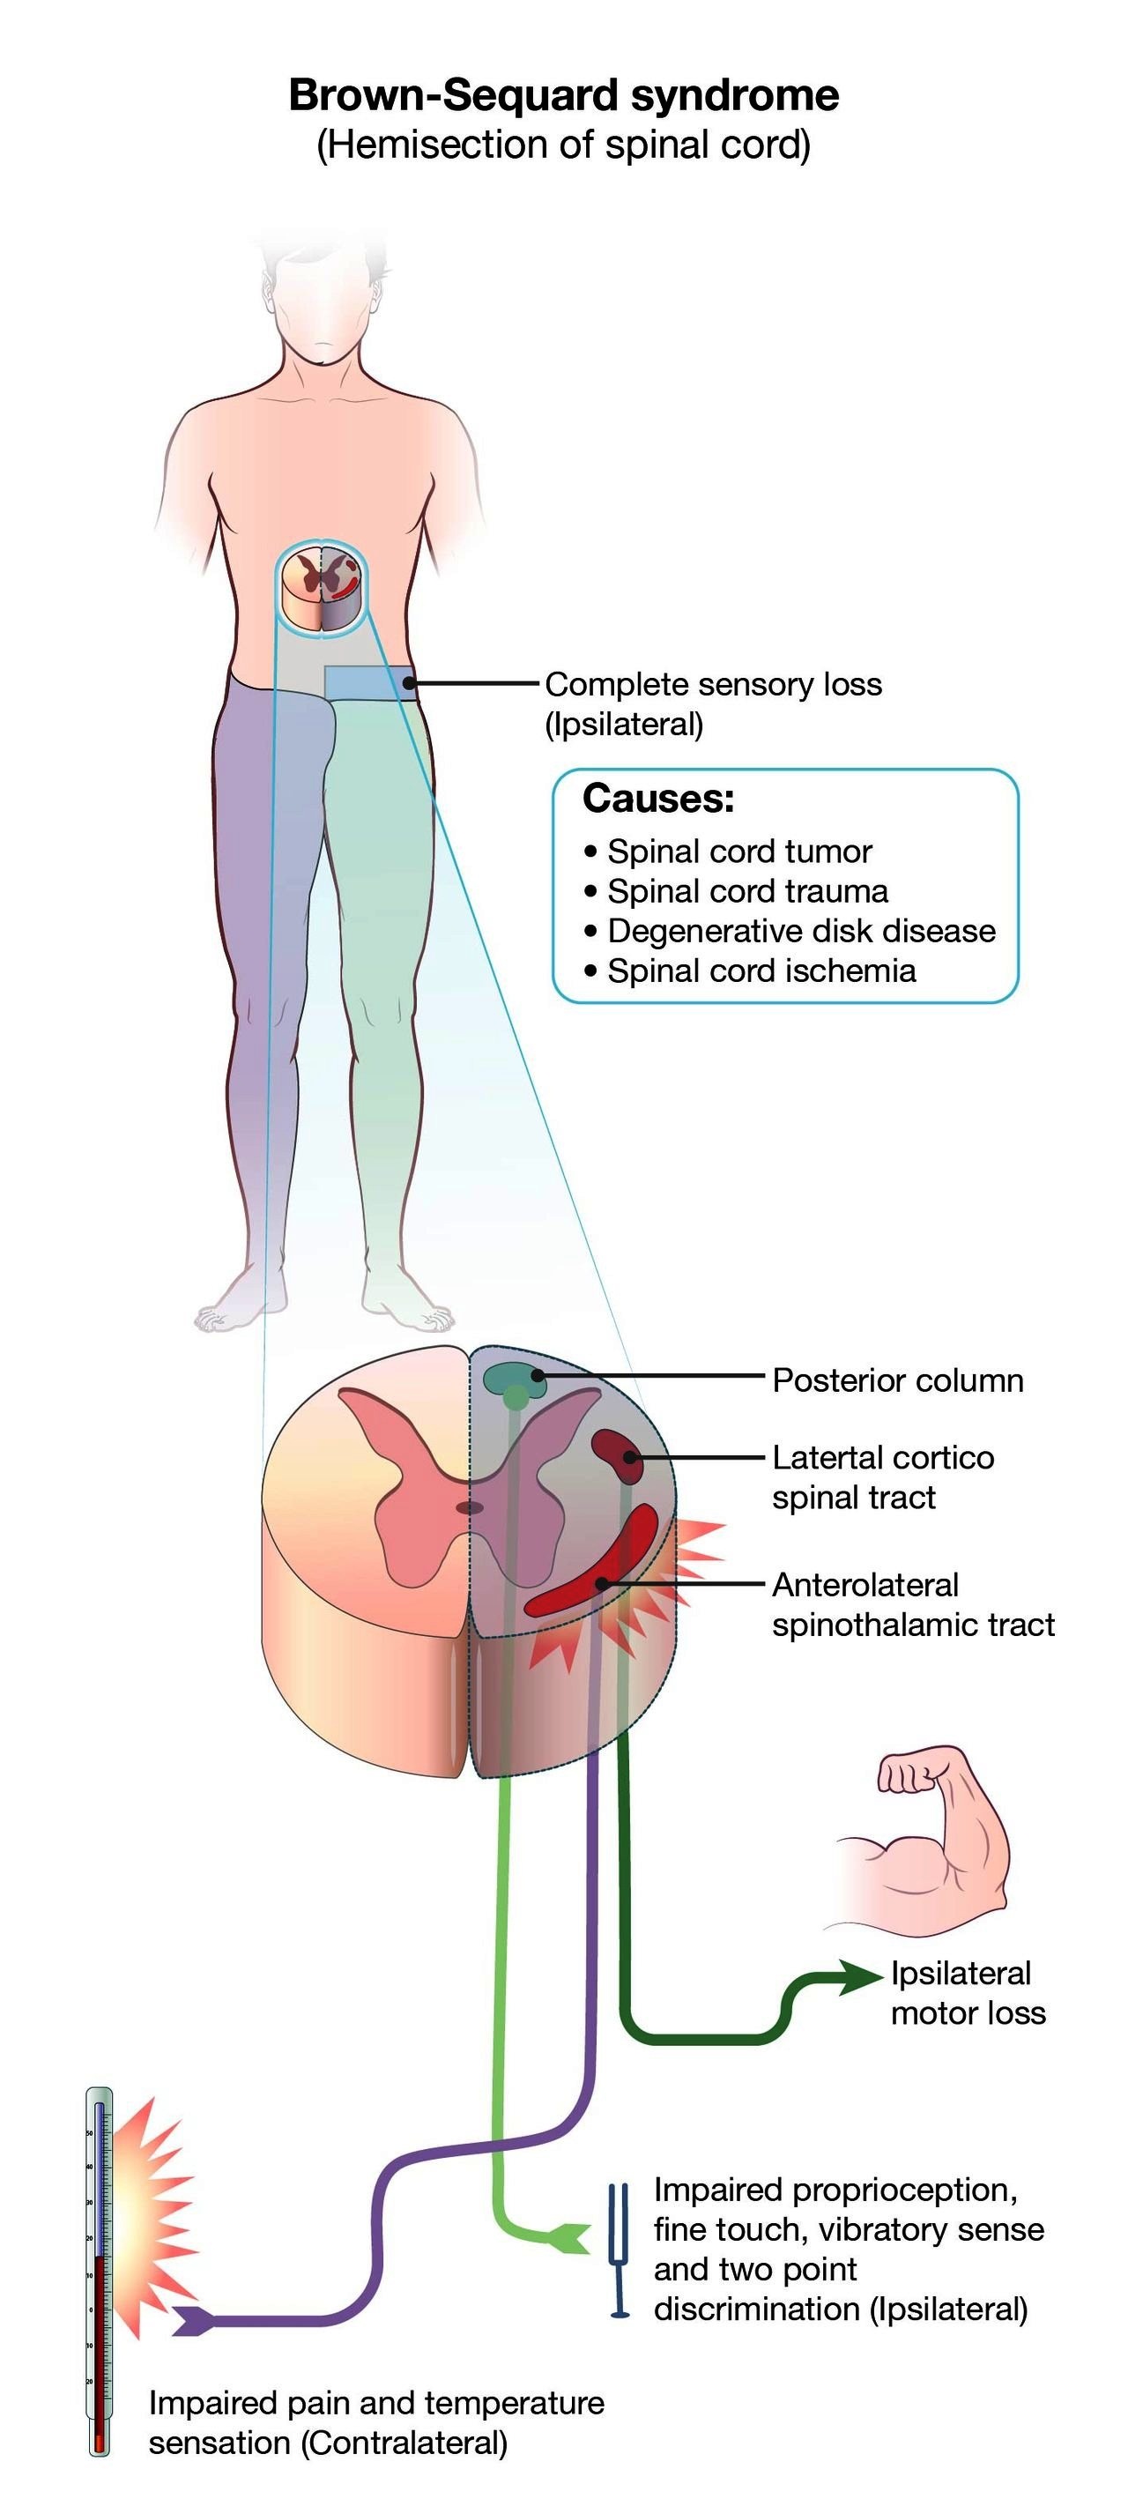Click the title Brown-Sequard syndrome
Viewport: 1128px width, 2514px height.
click(563, 95)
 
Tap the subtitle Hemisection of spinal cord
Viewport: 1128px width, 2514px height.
click(563, 145)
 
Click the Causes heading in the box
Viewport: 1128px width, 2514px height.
click(658, 799)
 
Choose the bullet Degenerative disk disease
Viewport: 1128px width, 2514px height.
click(800, 930)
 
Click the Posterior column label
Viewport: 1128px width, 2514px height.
click(898, 1380)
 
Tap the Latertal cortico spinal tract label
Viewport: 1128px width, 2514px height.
click(882, 1476)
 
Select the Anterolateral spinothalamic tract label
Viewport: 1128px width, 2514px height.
click(912, 1604)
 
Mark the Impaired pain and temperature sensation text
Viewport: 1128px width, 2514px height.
click(375, 2422)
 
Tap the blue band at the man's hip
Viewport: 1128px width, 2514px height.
click(369, 682)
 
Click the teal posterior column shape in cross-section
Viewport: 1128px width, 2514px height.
click(515, 1377)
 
